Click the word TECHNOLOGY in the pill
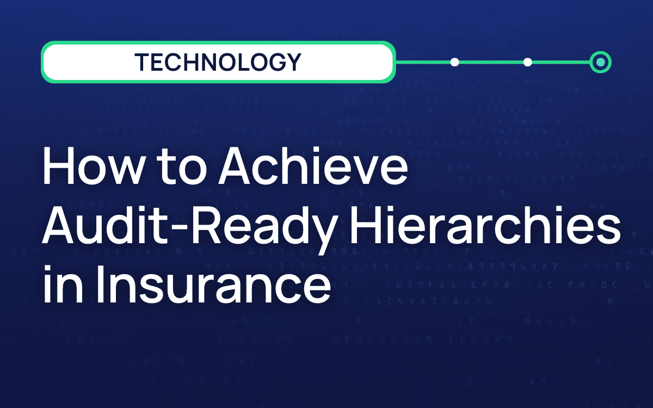pos(218,62)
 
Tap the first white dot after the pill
pos(455,62)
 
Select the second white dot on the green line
pos(527,62)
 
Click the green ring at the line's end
pos(601,62)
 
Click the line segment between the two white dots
pos(491,62)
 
